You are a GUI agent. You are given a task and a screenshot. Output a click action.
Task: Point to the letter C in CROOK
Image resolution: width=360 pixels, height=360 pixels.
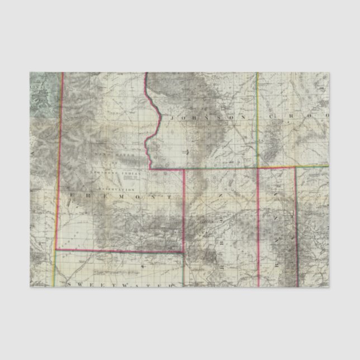[273, 116]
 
